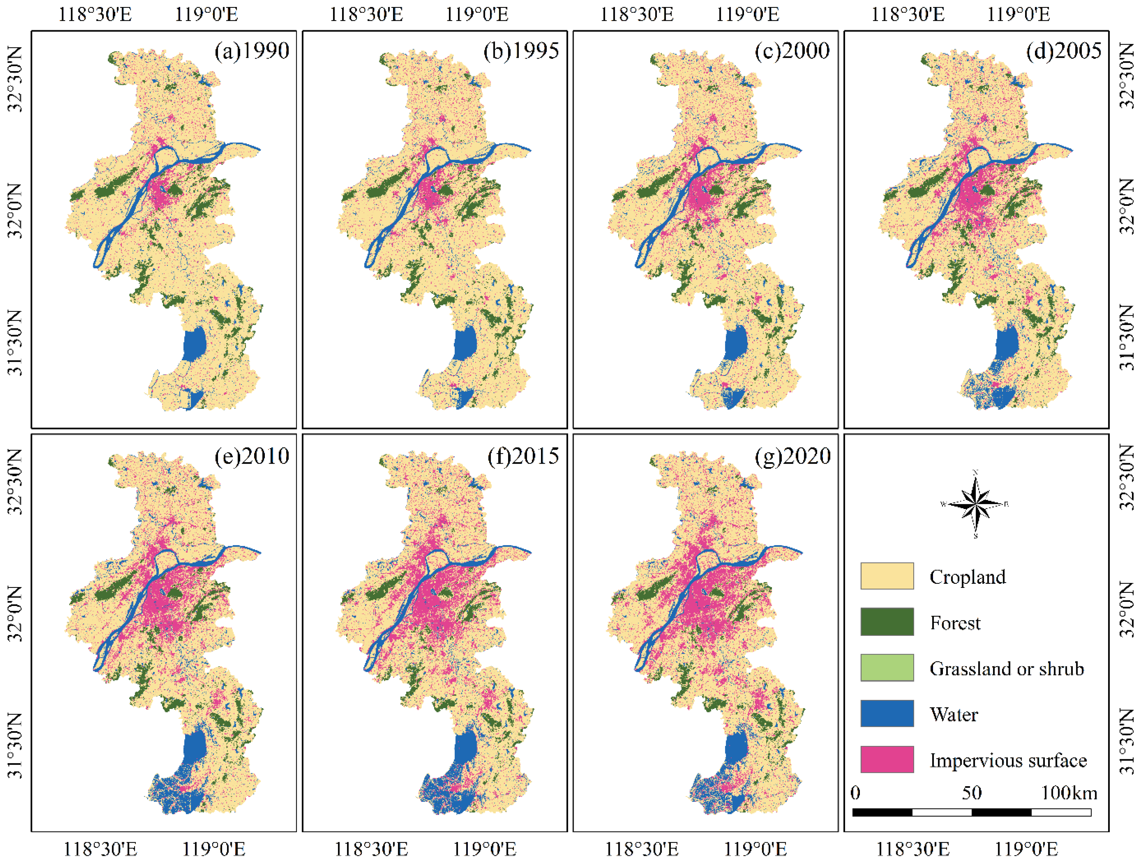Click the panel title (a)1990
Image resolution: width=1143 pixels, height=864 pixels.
tap(252, 51)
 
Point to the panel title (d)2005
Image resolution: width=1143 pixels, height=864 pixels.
tap(1063, 51)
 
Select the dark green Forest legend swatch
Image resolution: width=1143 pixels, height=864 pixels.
tap(887, 622)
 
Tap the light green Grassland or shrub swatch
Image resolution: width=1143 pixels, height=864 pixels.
tap(887, 668)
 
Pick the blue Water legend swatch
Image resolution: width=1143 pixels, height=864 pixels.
tap(887, 714)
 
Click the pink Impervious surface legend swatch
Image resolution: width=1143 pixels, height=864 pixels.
tap(887, 759)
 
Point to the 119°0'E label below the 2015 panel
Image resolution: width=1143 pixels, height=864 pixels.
tap(485, 849)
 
